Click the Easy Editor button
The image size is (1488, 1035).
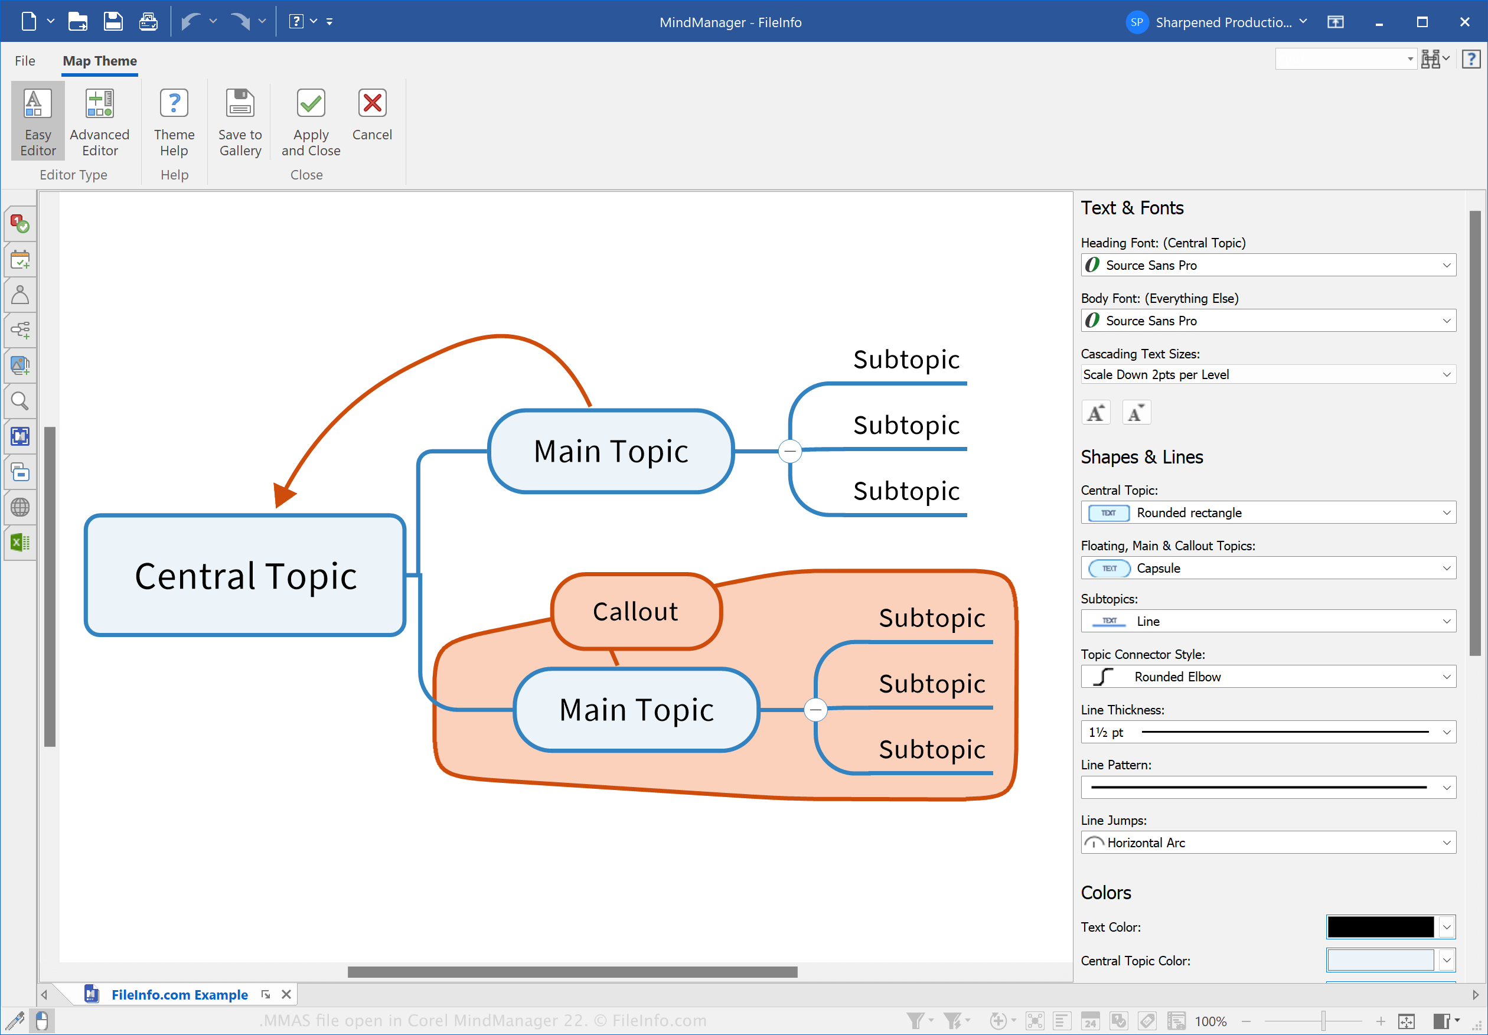coord(38,122)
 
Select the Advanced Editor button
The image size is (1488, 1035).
coord(100,122)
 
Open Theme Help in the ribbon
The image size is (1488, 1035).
coord(174,122)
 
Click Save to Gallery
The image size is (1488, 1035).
coord(240,122)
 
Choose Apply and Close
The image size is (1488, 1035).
coord(311,122)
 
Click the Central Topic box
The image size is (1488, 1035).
coord(245,575)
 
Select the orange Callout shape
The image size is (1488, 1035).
coord(636,611)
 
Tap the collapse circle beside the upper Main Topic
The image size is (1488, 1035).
coord(790,450)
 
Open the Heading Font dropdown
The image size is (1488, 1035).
coord(1268,265)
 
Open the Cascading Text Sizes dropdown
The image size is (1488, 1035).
coord(1268,374)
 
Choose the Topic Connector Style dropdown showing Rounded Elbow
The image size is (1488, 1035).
coord(1268,677)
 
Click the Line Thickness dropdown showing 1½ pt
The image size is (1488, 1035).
coord(1268,732)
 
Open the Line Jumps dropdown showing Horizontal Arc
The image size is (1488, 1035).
coord(1268,843)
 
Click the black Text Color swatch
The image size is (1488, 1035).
coord(1381,927)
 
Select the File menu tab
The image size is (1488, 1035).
coord(25,61)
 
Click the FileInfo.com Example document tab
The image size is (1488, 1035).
coord(179,994)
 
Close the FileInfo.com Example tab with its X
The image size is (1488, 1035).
coord(286,994)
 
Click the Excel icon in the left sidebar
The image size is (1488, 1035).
coord(20,543)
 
